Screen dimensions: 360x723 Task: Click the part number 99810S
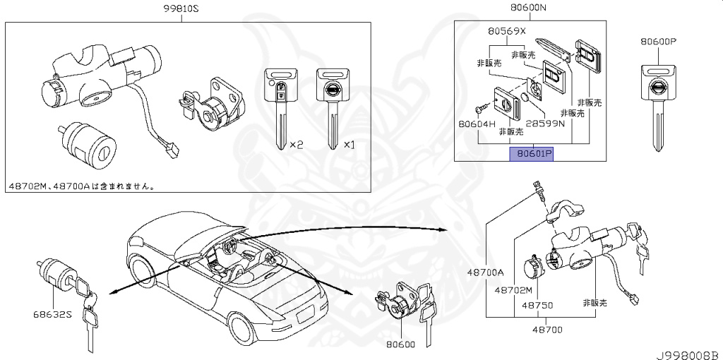coord(181,9)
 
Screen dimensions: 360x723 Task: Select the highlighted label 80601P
coord(532,152)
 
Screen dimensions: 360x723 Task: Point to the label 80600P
coord(659,42)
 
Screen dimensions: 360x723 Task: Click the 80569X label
coord(507,31)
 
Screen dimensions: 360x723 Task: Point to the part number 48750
coord(537,306)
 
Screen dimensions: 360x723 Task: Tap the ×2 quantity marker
coord(297,144)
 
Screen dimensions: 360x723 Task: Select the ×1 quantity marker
coord(349,144)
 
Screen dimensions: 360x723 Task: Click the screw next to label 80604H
coord(482,106)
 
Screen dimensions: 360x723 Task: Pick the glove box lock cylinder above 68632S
coord(55,272)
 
